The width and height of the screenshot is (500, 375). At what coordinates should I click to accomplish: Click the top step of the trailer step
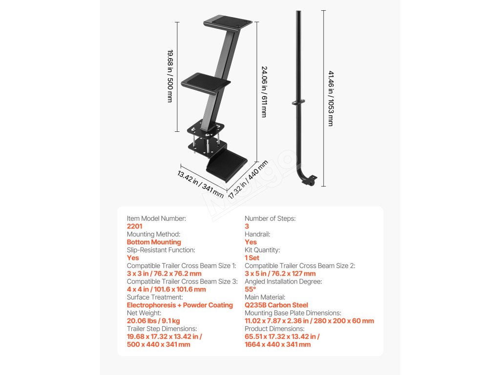click(228, 22)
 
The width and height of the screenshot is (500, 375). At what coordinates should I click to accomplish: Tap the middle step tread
click(205, 82)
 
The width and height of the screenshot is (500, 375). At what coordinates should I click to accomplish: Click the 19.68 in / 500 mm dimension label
click(170, 75)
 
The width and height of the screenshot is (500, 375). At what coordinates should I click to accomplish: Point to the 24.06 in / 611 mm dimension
click(264, 92)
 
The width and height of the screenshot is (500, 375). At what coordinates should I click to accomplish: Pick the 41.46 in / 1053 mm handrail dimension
click(331, 98)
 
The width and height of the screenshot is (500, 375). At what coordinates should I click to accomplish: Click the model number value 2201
click(134, 227)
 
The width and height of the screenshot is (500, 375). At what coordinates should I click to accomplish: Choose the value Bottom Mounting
click(154, 242)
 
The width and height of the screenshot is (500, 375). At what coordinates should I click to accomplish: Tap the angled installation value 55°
click(250, 289)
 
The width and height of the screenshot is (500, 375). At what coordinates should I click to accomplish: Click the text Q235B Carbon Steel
click(276, 305)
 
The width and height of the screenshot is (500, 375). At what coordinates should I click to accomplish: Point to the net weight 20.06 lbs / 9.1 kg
click(153, 321)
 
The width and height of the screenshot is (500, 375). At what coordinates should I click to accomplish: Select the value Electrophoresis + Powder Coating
click(180, 305)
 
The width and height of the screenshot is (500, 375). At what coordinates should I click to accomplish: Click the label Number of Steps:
click(270, 219)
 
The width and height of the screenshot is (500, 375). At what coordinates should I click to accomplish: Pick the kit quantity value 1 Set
click(252, 258)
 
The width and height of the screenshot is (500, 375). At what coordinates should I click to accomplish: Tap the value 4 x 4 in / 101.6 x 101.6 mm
click(166, 290)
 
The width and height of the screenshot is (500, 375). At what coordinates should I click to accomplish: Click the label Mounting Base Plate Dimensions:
click(293, 313)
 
